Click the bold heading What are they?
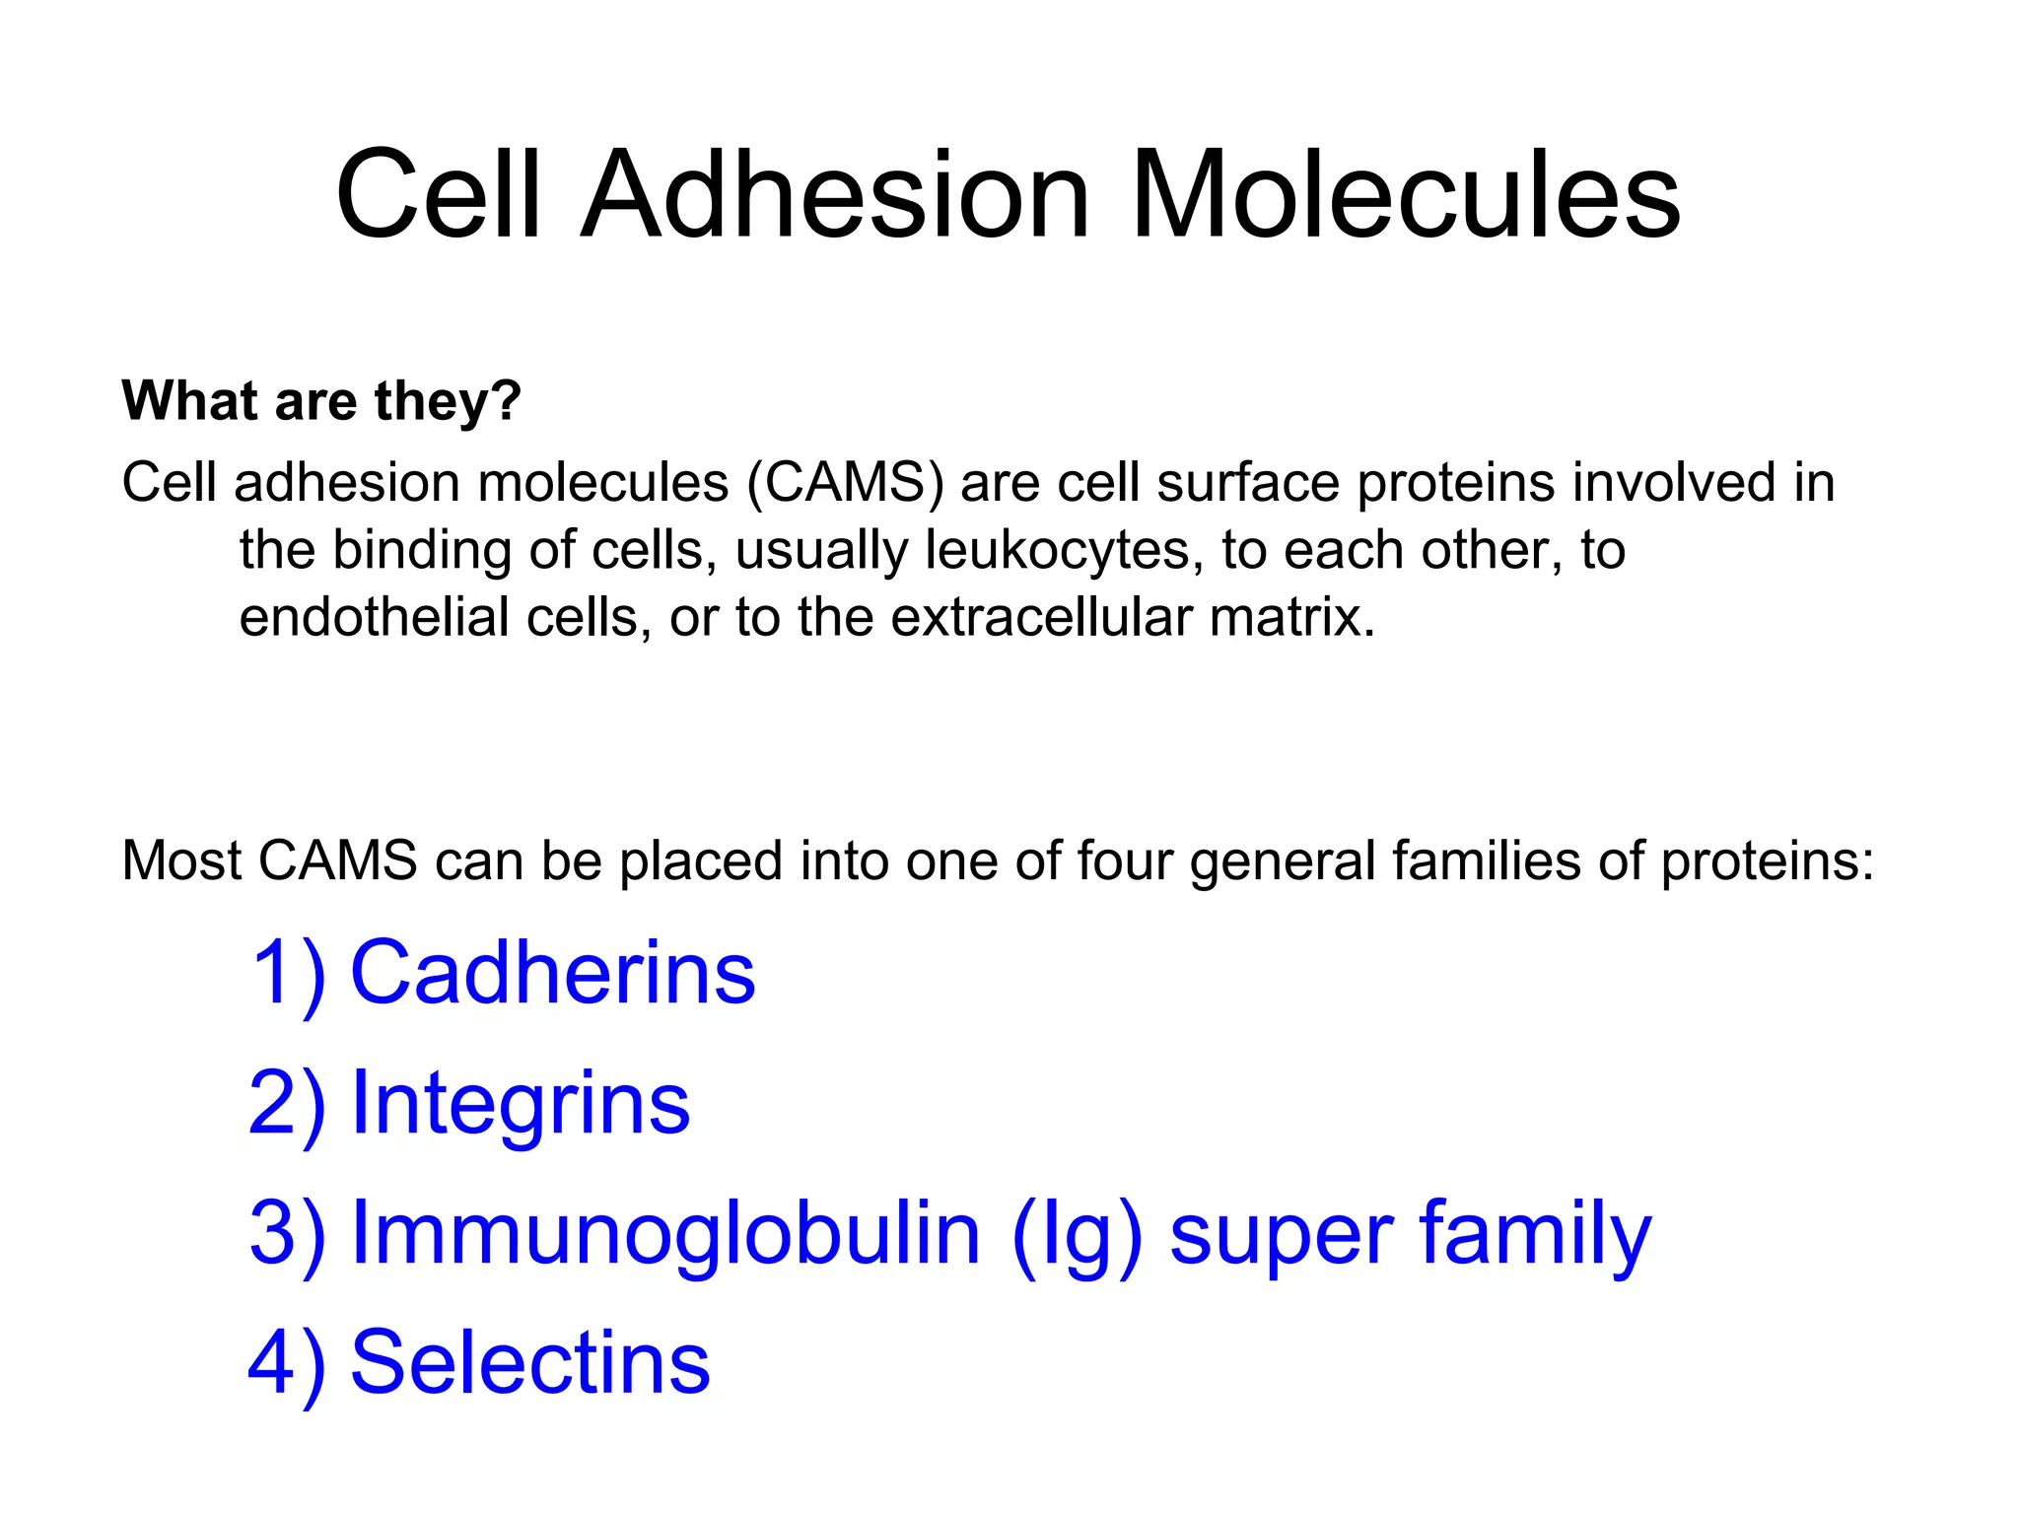321,401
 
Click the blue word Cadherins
553,973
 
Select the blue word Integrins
521,1103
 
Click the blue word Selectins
530,1362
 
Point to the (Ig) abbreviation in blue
1078,1234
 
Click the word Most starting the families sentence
181,860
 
